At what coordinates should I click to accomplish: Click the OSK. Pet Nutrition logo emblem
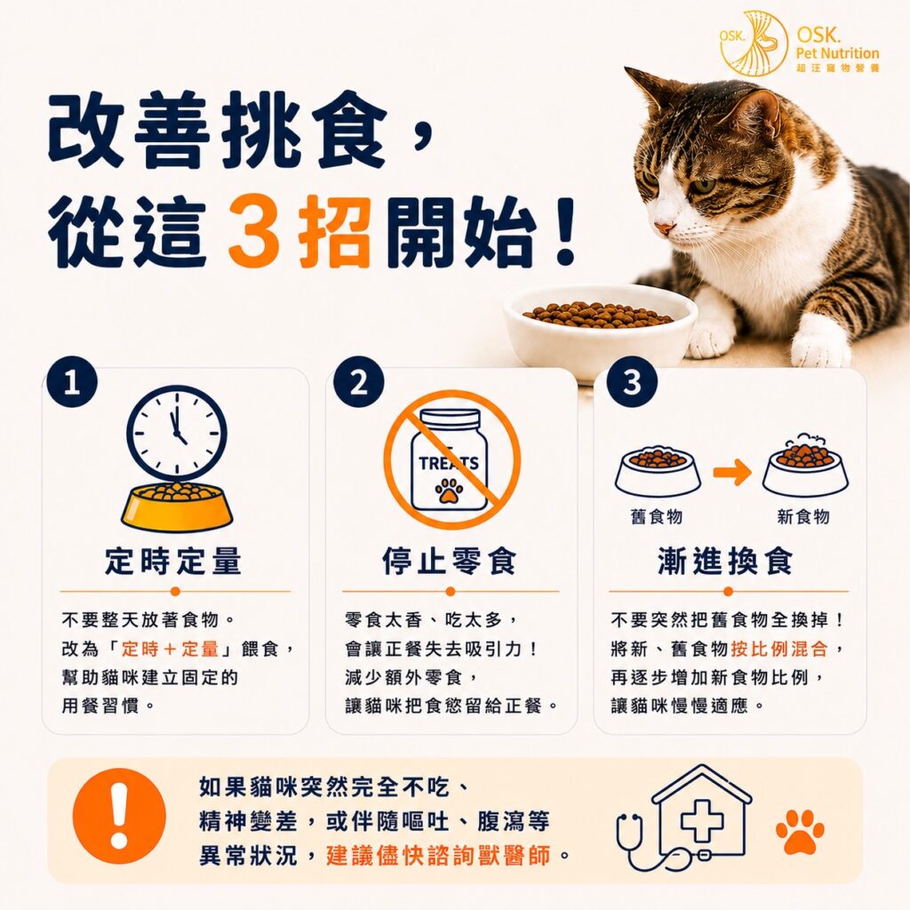[x=754, y=44]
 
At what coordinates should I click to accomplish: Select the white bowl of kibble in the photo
[x=600, y=331]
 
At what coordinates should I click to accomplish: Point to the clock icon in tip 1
[x=177, y=434]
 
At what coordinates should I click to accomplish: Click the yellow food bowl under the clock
[x=177, y=507]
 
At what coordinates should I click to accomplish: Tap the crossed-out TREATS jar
[x=451, y=459]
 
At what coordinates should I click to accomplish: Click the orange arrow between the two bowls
[x=732, y=473]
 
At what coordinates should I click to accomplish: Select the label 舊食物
[x=657, y=516]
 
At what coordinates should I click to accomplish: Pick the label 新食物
[x=803, y=516]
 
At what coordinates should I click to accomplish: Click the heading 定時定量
[x=173, y=562]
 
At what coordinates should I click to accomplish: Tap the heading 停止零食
[x=449, y=562]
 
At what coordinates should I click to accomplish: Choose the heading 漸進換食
[x=725, y=562]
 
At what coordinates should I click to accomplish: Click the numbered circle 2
[x=359, y=382]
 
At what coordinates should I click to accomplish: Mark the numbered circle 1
[x=72, y=382]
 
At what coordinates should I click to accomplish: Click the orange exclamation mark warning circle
[x=119, y=816]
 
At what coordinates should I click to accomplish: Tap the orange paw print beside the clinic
[x=801, y=831]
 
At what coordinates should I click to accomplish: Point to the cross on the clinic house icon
[x=702, y=820]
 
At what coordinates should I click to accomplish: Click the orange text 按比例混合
[x=779, y=648]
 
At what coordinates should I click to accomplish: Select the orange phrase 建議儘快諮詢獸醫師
[x=438, y=856]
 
